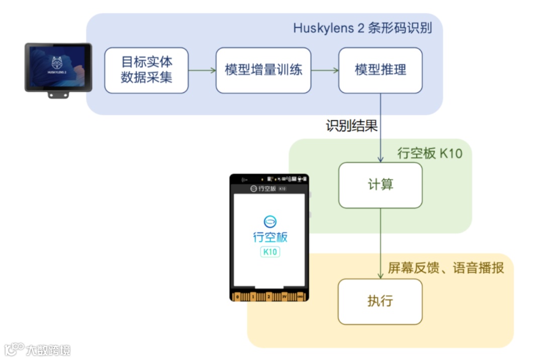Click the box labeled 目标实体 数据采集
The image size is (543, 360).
(146, 70)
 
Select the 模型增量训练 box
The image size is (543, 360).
(263, 70)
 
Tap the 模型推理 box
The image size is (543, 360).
(380, 70)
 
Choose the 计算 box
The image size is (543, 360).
(380, 185)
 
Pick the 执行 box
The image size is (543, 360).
(380, 302)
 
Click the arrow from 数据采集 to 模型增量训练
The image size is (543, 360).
(202, 70)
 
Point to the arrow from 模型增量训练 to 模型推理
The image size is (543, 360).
(325, 70)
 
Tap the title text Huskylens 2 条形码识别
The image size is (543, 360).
(362, 28)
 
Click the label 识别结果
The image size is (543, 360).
(351, 126)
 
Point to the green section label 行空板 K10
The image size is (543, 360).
(429, 153)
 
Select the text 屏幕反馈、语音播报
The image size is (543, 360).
(445, 267)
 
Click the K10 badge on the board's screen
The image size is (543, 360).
(270, 252)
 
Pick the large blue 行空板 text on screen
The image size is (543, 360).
(270, 237)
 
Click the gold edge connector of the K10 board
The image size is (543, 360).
(269, 297)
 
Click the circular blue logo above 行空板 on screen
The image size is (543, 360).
(270, 221)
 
